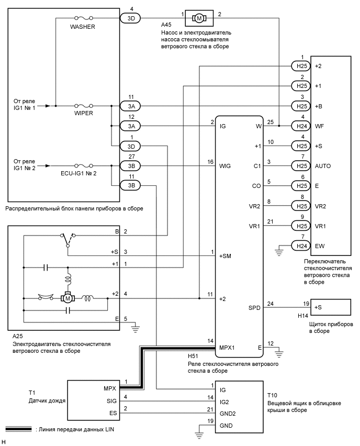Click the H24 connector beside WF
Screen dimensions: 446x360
300,126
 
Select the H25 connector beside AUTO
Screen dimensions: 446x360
300,166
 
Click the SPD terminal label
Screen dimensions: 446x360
254,308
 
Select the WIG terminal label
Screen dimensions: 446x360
226,166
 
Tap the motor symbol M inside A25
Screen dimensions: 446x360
67,298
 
